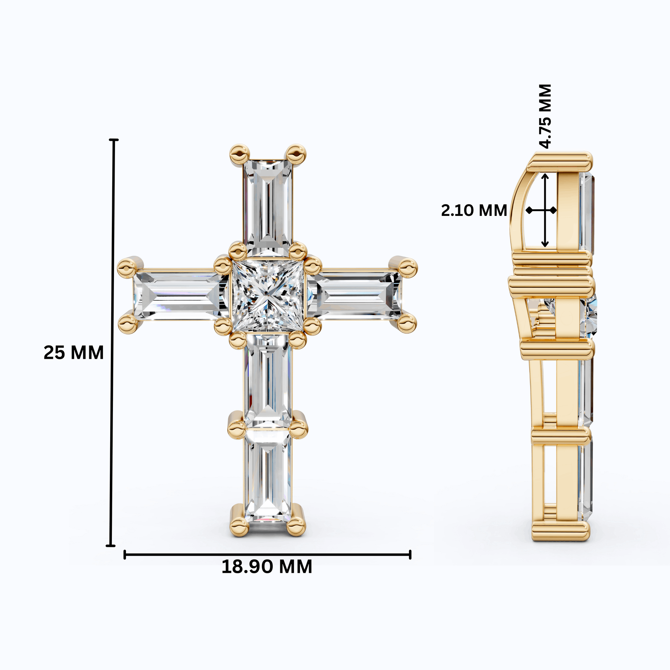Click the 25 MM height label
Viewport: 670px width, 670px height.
point(74,353)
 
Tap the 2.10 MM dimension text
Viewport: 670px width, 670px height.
point(474,210)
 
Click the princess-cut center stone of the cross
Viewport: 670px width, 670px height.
point(268,295)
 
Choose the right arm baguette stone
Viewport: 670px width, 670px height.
point(357,296)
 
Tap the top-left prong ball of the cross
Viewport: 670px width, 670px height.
point(239,154)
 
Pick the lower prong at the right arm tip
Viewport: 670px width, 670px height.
point(407,324)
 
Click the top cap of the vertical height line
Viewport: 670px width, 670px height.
point(113,140)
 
